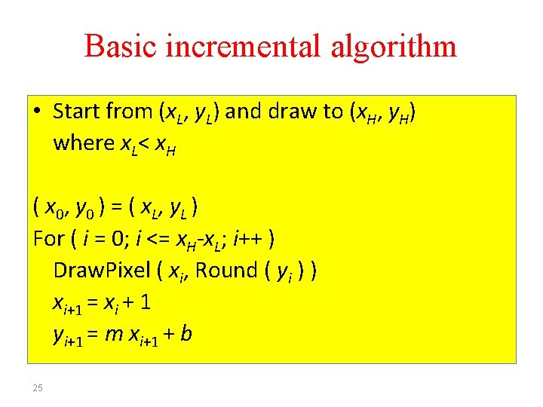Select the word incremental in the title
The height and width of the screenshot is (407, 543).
(x=238, y=46)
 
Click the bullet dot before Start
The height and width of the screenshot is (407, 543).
(x=38, y=112)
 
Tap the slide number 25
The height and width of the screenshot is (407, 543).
(x=38, y=387)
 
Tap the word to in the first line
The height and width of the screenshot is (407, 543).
(x=332, y=112)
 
